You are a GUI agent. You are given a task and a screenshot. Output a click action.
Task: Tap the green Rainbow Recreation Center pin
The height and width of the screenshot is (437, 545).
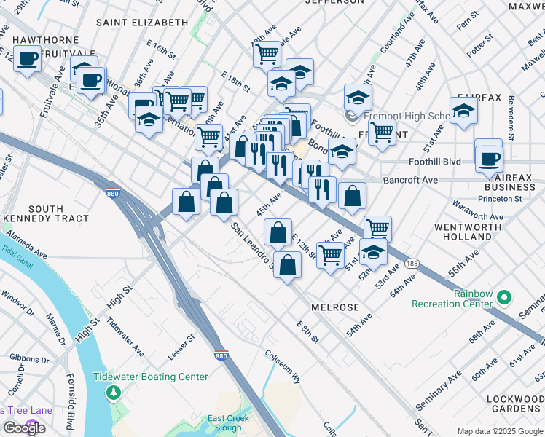(x=504, y=298)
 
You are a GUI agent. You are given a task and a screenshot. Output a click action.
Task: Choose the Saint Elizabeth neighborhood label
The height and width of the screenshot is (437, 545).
(x=141, y=23)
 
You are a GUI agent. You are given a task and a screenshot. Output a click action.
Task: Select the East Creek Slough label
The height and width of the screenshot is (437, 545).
(x=228, y=422)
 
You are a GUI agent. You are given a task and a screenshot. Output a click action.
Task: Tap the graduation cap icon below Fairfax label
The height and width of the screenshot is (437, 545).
(x=463, y=112)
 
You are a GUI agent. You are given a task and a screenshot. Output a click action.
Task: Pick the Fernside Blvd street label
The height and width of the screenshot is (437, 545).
(x=71, y=407)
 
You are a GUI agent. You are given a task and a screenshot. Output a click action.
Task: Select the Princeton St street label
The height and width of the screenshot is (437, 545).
(x=498, y=198)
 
